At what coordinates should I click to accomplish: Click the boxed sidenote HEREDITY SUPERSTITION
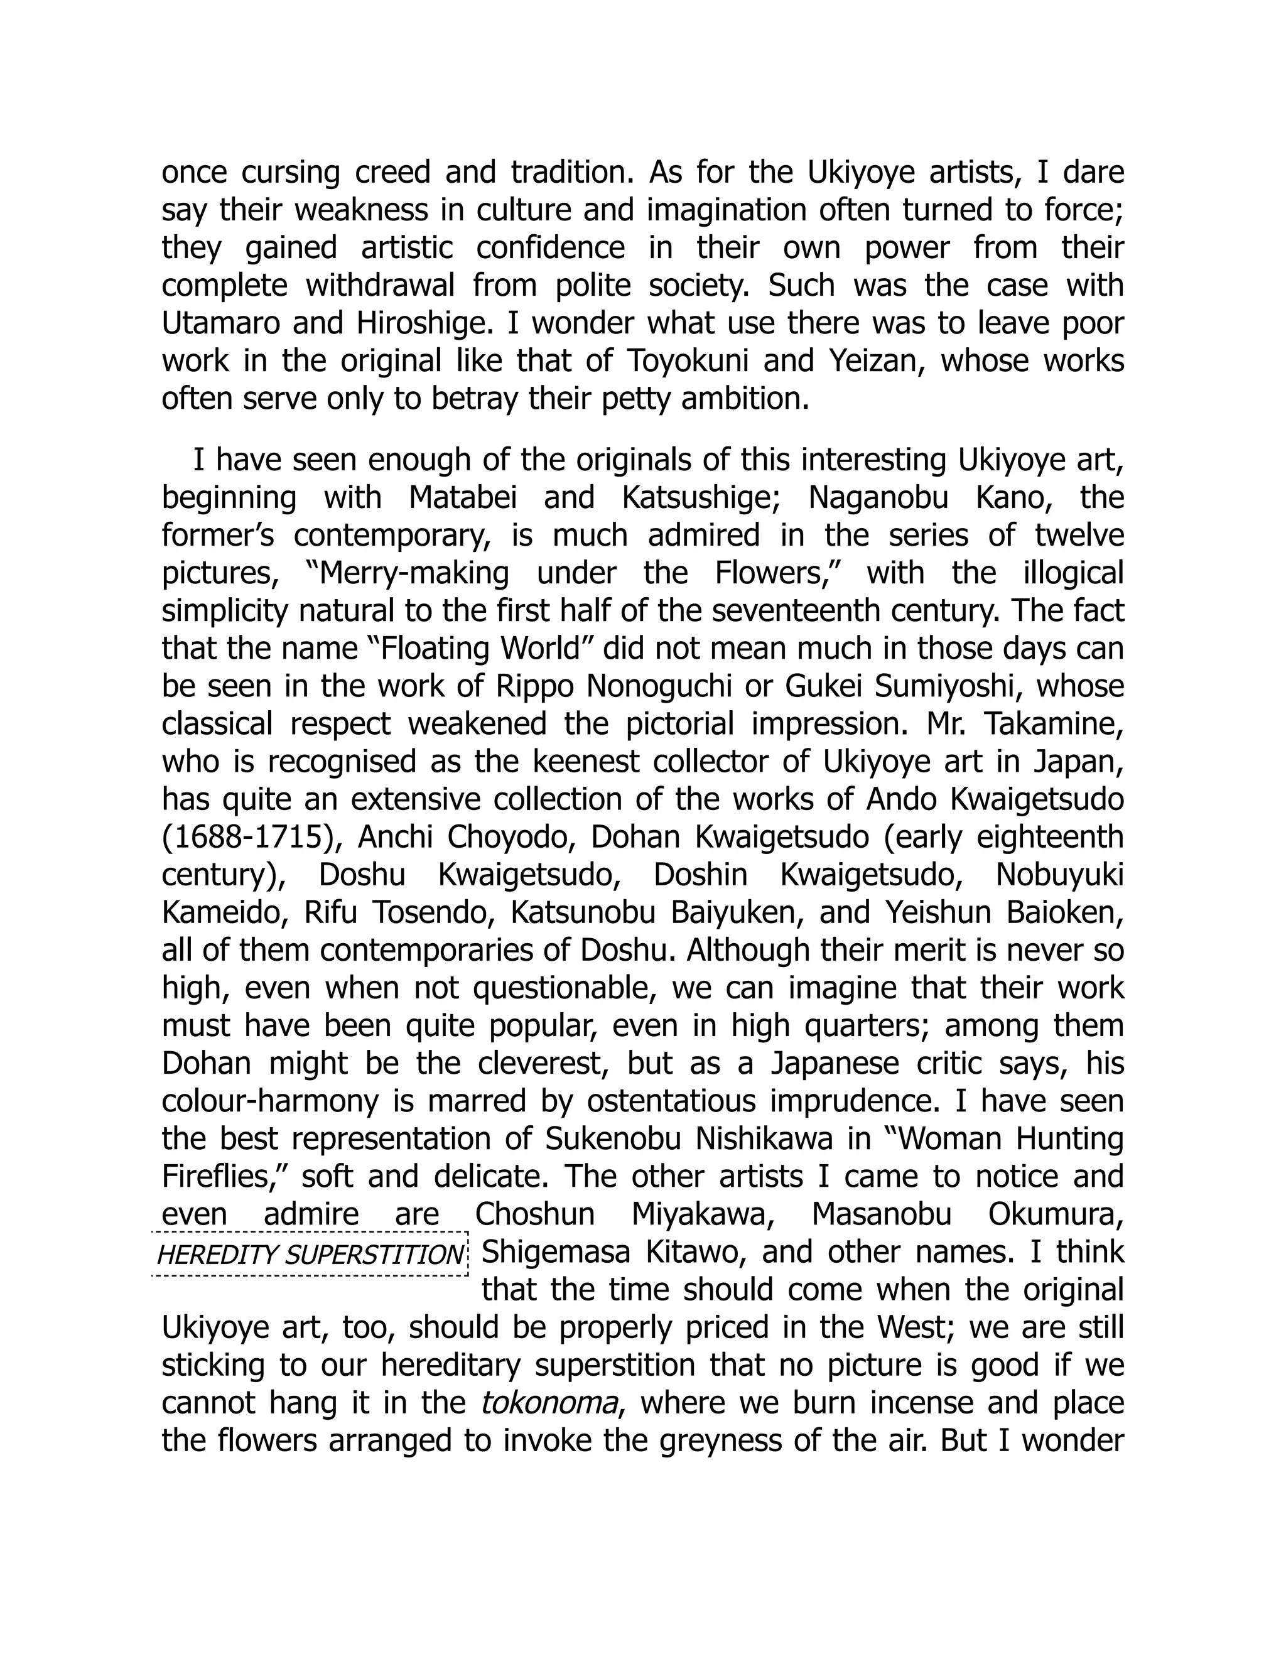pyautogui.click(x=310, y=1254)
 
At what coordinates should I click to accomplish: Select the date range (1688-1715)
pyautogui.click(x=251, y=836)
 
